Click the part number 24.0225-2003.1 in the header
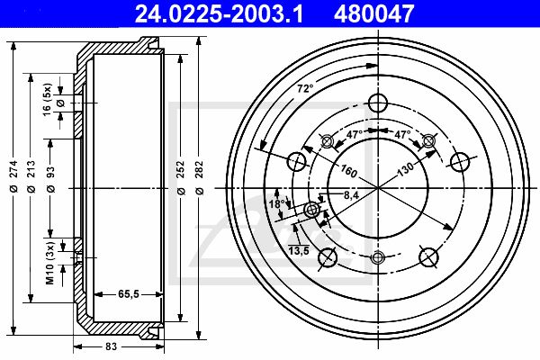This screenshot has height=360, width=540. click(219, 14)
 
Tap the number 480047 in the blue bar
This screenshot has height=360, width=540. click(373, 14)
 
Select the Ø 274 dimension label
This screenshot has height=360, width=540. click(13, 176)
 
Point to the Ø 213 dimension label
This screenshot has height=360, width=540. click(31, 176)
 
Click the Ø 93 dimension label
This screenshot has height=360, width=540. click(50, 179)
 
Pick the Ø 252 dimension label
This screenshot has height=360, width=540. click(181, 178)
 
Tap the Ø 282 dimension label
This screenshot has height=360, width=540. click(200, 178)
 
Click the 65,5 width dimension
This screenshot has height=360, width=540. click(129, 294)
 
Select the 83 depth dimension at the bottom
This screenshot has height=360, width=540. click(112, 346)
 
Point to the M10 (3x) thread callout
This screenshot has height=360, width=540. click(50, 263)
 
